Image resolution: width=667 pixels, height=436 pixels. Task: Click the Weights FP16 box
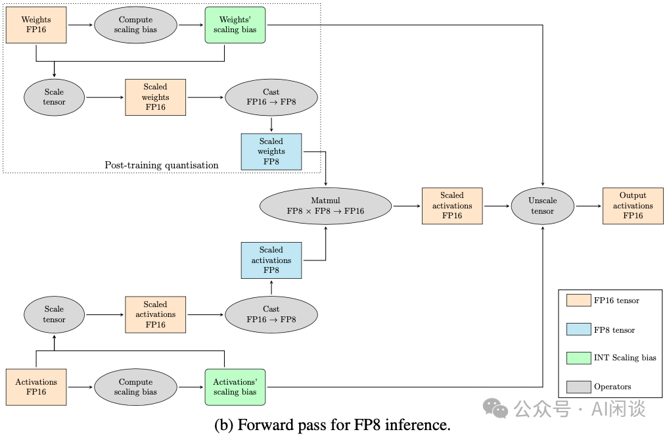(x=36, y=25)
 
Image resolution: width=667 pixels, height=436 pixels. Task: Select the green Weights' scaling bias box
(x=235, y=25)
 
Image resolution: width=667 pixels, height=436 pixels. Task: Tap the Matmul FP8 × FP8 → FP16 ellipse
(x=325, y=206)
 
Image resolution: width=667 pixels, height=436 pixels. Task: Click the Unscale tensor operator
(x=543, y=206)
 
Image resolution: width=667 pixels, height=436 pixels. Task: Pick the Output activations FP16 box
(x=633, y=206)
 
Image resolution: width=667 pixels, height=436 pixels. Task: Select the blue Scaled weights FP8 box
(x=271, y=151)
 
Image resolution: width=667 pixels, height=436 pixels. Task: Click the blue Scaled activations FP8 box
(x=271, y=260)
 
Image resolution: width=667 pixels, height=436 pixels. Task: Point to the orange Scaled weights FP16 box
(x=156, y=97)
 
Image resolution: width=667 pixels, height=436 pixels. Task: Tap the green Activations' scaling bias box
(x=235, y=387)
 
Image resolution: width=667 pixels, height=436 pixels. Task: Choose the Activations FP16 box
(x=36, y=387)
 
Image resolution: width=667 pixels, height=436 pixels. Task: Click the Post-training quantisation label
(x=162, y=165)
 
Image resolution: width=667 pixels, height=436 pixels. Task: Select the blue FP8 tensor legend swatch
(x=578, y=329)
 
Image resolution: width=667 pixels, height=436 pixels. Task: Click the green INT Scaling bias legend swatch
(x=578, y=358)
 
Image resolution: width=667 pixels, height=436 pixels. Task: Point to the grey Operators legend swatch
(x=578, y=387)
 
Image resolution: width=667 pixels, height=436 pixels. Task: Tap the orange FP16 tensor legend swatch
(x=578, y=301)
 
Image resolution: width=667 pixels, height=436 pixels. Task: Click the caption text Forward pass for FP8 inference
(x=333, y=425)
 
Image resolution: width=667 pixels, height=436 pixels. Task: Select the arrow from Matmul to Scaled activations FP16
(x=407, y=206)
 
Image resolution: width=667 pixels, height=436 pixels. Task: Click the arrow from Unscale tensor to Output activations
(x=589, y=206)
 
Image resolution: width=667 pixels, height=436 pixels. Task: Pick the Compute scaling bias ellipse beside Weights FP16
(x=135, y=25)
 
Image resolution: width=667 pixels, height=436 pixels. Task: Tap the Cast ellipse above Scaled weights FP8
(x=271, y=97)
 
